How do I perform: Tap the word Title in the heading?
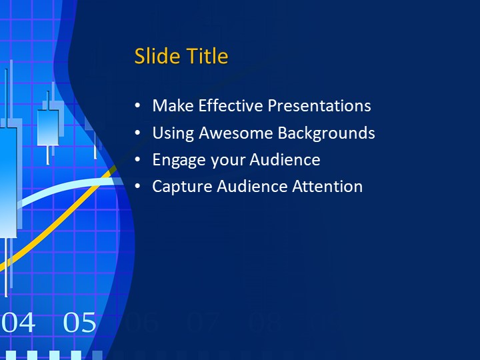pos(207,57)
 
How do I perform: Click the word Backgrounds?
pos(326,133)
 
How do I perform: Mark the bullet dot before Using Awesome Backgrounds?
pos(137,133)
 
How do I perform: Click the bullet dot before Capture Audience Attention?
pos(137,187)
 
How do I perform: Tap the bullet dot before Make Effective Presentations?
pos(137,106)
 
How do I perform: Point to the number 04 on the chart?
pos(19,323)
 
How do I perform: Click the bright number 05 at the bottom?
pos(80,323)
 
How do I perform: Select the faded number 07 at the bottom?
pos(203,323)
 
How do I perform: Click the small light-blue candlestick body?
pos(47,127)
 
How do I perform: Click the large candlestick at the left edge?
pos(7,180)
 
